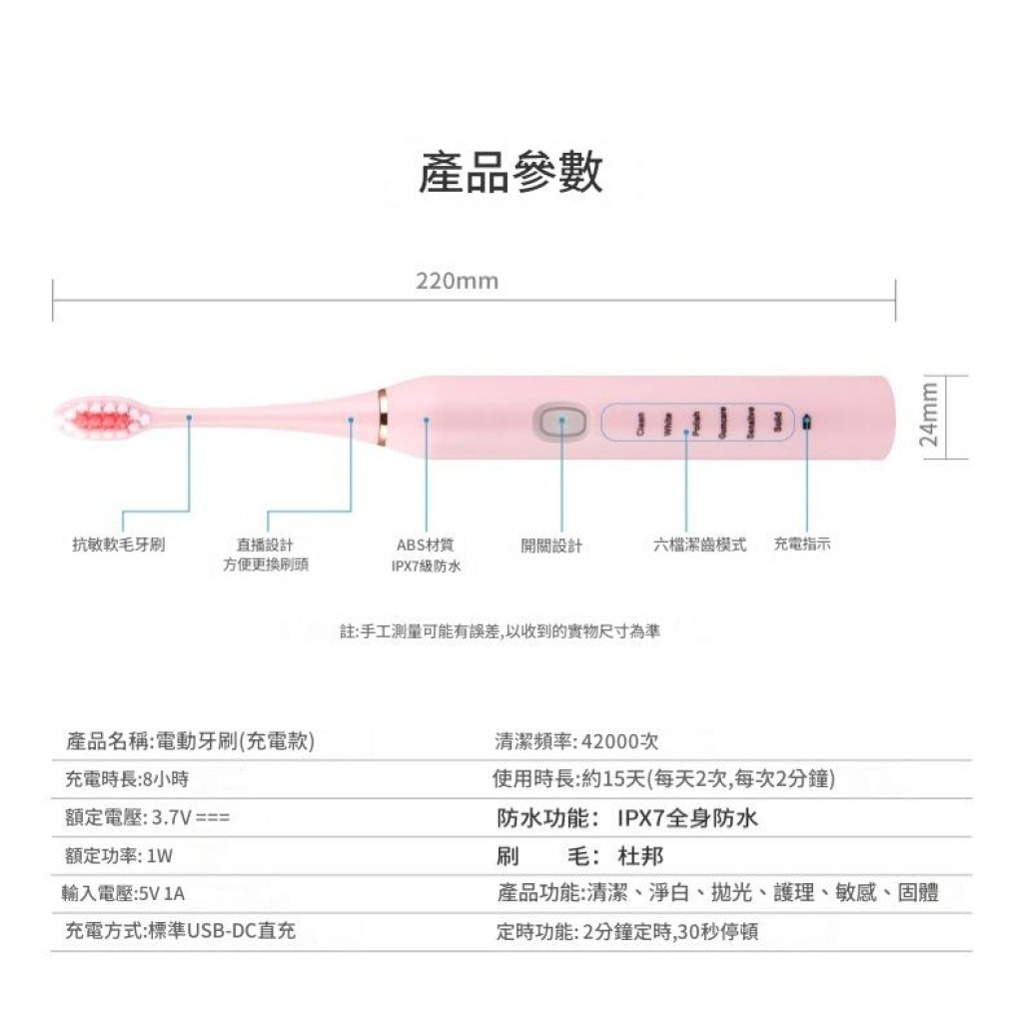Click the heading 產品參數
pyautogui.click(x=511, y=172)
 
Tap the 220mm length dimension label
pyautogui.click(x=457, y=282)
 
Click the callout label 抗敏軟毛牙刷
pyautogui.click(x=119, y=544)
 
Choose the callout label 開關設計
pyautogui.click(x=551, y=545)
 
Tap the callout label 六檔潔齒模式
pyautogui.click(x=699, y=544)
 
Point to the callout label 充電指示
pyautogui.click(x=802, y=543)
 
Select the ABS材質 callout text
pyautogui.click(x=426, y=544)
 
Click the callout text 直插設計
pyautogui.click(x=265, y=544)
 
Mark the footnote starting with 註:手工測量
pyautogui.click(x=500, y=631)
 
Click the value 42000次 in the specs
pyautogui.click(x=618, y=741)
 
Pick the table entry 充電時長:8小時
pyautogui.click(x=127, y=779)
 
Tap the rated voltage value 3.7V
pyautogui.click(x=171, y=818)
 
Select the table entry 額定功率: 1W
pyautogui.click(x=119, y=856)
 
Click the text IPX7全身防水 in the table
pyautogui.click(x=687, y=818)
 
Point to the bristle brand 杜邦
pyautogui.click(x=641, y=856)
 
